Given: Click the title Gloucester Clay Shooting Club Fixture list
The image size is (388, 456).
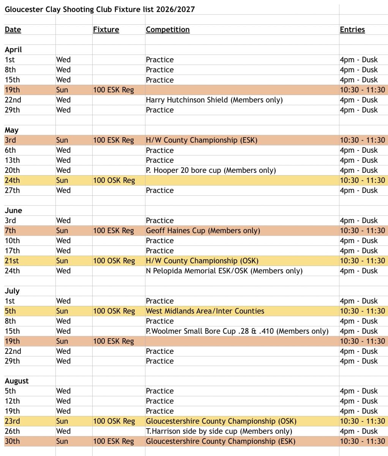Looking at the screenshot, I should [99, 9].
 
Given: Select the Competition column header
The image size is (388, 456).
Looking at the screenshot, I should [167, 30].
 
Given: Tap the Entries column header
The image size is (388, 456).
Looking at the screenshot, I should [352, 30].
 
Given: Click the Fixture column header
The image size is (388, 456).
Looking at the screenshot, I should [106, 30].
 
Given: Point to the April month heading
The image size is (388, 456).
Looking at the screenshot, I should [13, 50].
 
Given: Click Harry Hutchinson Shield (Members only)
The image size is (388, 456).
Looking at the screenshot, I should [214, 100].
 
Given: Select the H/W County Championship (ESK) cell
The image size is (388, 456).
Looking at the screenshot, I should [202, 140].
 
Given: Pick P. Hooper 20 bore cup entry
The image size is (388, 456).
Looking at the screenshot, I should [211, 170].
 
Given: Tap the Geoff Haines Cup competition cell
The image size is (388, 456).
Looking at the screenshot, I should [203, 231].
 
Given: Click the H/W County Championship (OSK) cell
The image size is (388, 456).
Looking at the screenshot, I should [202, 261].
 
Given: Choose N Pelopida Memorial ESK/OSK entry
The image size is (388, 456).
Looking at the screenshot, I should [224, 271].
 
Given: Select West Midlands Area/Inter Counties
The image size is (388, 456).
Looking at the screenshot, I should [205, 311].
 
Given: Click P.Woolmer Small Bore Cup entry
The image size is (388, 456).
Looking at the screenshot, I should [237, 331].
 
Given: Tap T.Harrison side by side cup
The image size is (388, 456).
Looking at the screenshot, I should [219, 431].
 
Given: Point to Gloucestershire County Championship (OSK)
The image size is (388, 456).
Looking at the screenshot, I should [221, 421].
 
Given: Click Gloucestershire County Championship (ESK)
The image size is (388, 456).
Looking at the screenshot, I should [221, 441].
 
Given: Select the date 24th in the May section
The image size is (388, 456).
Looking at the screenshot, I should [12, 180].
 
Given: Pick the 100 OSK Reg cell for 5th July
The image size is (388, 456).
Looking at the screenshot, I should [114, 311].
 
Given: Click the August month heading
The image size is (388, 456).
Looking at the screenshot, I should [17, 381].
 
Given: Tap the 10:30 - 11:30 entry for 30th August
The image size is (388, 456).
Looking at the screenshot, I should [362, 441].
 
